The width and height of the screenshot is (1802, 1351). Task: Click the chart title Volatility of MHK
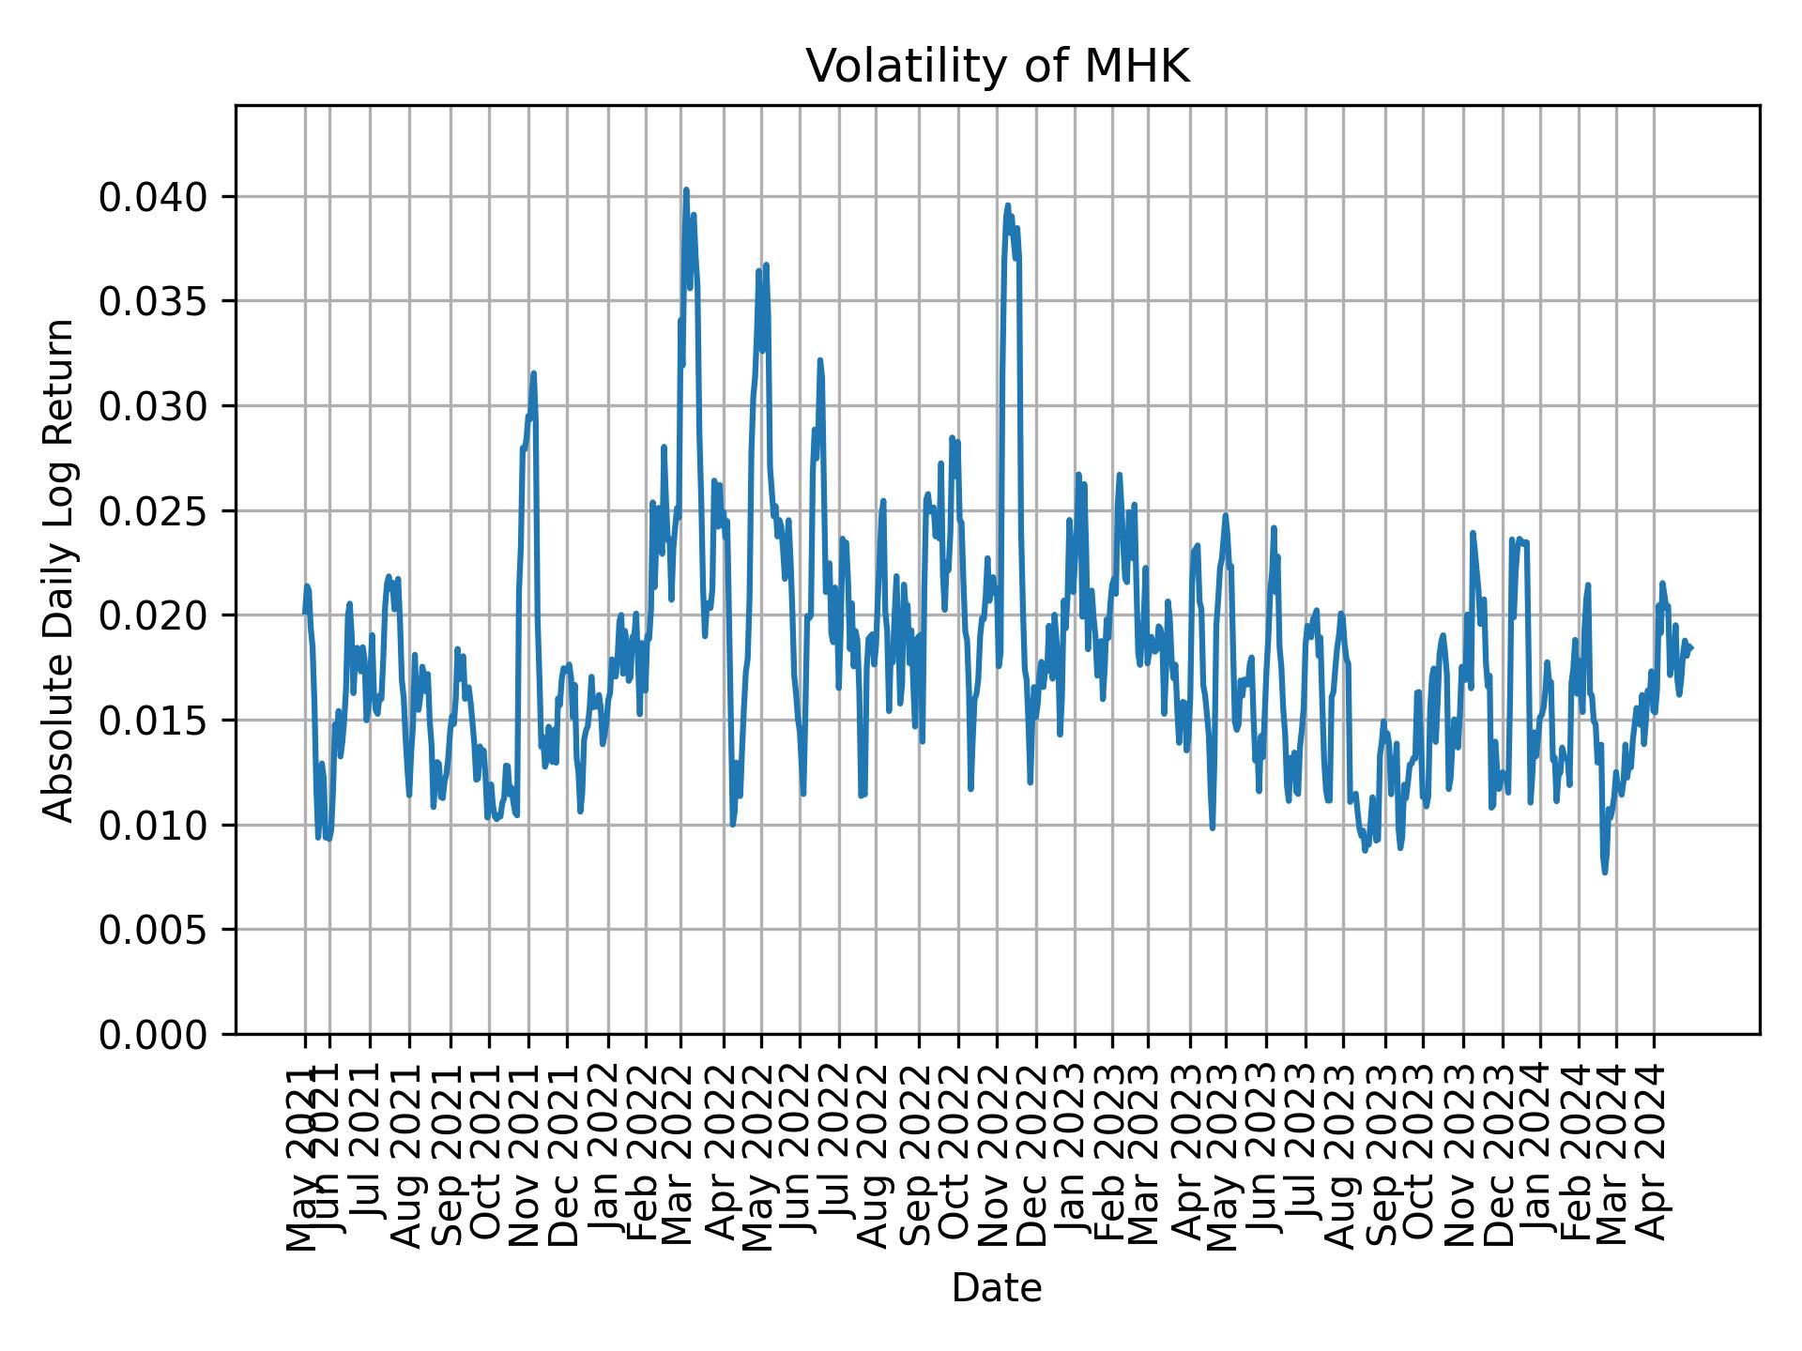[x=997, y=67]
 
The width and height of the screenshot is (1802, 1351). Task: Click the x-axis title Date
[x=997, y=1288]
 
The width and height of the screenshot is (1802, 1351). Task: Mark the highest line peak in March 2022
[x=686, y=190]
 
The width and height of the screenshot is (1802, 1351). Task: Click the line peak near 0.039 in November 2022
[x=1008, y=205]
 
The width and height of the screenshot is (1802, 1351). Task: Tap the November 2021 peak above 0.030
[x=533, y=372]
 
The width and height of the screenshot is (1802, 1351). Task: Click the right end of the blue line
[x=1691, y=647]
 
